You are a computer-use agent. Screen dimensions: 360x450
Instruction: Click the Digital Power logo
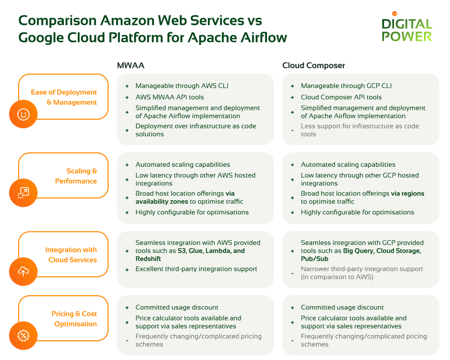point(406,29)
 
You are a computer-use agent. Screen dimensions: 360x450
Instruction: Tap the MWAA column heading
point(131,65)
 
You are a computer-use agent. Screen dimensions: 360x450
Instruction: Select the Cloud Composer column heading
point(313,65)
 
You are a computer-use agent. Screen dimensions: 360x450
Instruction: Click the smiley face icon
point(23,114)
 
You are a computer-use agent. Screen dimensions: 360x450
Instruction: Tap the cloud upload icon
point(23,271)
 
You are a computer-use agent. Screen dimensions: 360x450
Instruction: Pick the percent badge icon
point(23,336)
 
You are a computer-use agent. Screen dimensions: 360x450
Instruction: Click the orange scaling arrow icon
point(23,193)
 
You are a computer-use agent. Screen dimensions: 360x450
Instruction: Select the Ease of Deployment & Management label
point(64,97)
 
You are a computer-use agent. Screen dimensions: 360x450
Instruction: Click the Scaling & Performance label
point(76,176)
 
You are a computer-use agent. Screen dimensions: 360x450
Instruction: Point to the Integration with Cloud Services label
point(71,255)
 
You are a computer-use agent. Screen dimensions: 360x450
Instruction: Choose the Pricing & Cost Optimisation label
point(74,319)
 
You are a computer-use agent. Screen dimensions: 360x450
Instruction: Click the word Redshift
point(148,258)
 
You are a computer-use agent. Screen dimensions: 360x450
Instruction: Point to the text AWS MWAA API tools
point(170,97)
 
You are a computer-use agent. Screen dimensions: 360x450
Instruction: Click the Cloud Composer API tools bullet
point(341,97)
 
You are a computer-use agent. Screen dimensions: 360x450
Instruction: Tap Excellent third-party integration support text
point(196,269)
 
